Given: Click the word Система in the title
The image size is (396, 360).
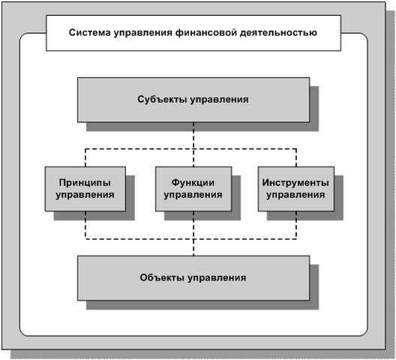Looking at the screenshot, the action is [90, 32].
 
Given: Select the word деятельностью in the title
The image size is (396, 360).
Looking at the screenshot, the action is [278, 33].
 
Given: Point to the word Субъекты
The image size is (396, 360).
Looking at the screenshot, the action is [162, 99].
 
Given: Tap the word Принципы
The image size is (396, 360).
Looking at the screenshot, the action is [85, 183].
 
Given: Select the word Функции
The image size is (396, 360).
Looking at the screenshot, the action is [193, 183].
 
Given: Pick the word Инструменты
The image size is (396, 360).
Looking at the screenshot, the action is [295, 182].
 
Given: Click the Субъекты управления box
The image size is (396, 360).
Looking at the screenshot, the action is [193, 100].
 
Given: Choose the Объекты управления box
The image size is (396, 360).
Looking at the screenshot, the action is [193, 278].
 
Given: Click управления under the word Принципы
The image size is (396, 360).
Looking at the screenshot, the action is [85, 195].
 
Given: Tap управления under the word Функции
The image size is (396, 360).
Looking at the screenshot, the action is [193, 195].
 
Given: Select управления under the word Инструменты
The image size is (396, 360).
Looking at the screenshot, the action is [295, 195].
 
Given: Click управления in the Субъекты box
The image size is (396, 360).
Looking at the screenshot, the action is [219, 100].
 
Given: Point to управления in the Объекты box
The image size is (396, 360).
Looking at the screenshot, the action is [217, 278].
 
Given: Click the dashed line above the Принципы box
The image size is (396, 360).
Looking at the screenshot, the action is [85, 157].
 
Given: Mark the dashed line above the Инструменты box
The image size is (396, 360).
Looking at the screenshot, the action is [296, 157].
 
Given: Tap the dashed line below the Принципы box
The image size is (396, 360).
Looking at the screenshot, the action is [85, 225].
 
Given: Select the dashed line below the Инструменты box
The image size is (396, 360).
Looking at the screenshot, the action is [296, 225].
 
